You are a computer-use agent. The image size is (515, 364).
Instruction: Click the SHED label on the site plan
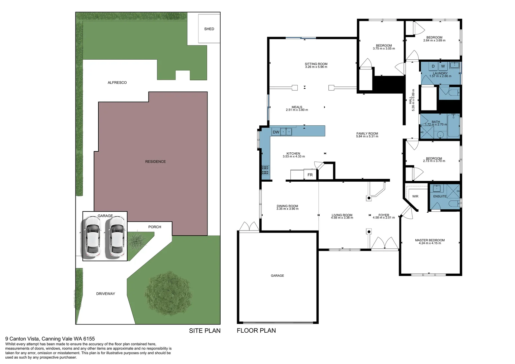[x=209, y=29]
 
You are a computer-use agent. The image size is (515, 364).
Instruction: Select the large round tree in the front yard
[x=168, y=293]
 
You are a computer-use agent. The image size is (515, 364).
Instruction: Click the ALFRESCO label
[x=117, y=83]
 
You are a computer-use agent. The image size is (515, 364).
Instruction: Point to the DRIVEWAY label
[x=105, y=294]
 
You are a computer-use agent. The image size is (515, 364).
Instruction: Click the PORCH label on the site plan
[x=155, y=227]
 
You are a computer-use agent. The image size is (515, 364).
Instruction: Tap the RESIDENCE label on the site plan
[x=155, y=162]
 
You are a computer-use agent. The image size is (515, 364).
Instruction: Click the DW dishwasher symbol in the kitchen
[x=276, y=132]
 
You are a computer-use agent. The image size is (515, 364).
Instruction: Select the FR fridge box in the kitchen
[x=310, y=175]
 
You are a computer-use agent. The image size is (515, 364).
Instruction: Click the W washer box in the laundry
[x=443, y=66]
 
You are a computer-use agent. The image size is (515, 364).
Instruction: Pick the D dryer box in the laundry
[x=433, y=66]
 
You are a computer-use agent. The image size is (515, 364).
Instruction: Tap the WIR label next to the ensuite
[x=415, y=196]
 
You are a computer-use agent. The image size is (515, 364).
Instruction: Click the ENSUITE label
[x=440, y=196]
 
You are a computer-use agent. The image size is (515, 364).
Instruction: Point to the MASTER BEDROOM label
[x=430, y=240]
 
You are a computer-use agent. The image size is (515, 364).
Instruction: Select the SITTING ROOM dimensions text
[x=316, y=67]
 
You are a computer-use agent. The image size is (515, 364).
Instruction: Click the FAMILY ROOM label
[x=367, y=133]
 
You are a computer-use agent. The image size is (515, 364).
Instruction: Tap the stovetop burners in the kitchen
[x=265, y=170]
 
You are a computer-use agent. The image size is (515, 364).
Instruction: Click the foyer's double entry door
[x=385, y=243]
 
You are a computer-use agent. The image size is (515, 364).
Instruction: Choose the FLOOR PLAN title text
[x=256, y=331]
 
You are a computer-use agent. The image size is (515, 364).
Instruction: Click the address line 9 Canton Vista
[x=50, y=339]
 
